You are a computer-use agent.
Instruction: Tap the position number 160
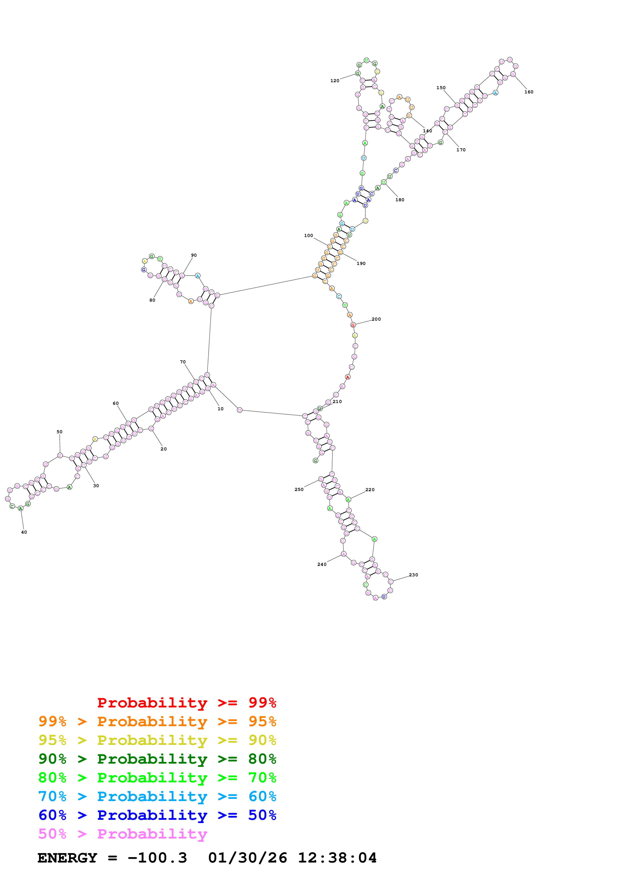point(529,92)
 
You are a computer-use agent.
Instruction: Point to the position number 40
point(24,532)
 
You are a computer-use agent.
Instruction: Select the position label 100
point(309,236)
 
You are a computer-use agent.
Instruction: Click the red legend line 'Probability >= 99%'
point(186,703)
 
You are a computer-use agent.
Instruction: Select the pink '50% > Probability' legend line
point(123,834)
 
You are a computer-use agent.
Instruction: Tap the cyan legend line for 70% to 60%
point(157,797)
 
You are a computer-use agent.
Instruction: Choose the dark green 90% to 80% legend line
point(157,759)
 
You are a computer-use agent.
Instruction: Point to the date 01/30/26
point(248,858)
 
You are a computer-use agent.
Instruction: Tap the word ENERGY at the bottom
point(67,858)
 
